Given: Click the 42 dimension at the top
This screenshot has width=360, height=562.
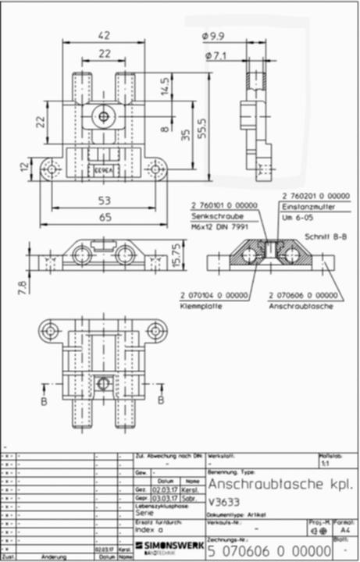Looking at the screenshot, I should pyautogui.click(x=104, y=35).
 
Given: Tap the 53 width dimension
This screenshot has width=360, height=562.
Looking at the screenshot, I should pyautogui.click(x=104, y=201).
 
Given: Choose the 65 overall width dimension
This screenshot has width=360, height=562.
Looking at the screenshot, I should pyautogui.click(x=104, y=219).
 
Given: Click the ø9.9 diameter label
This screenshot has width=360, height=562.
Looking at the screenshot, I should pyautogui.click(x=213, y=37).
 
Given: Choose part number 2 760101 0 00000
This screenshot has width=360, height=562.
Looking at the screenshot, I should pyautogui.click(x=221, y=204).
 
